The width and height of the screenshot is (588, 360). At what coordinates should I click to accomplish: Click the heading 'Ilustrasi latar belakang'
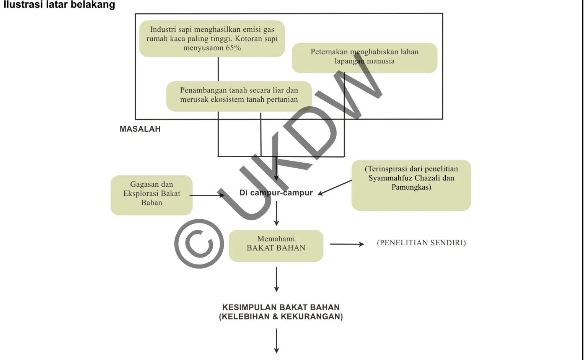pos(59,5)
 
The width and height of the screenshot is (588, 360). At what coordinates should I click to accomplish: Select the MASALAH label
pos(140,129)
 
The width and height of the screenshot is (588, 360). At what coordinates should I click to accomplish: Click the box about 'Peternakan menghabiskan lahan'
pos(365,58)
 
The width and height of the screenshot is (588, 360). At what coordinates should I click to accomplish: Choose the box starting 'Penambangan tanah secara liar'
pos(239,96)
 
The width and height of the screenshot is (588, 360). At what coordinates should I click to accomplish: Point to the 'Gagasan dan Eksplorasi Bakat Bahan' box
pos(151,195)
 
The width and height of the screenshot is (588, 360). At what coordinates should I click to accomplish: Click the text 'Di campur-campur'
pos(276,193)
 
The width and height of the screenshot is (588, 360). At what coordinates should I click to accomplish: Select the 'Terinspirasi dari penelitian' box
pos(411,185)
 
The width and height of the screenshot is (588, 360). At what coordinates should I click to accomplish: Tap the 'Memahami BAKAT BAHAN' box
pos(276,246)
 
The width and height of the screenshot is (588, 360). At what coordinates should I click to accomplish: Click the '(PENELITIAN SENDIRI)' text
pos(421,243)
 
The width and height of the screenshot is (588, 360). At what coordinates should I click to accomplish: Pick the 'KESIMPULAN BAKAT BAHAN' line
pos(281,307)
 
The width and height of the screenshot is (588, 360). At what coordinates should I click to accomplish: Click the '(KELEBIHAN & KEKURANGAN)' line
pos(281,317)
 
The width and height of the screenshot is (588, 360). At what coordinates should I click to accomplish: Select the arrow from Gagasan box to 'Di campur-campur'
pos(207,195)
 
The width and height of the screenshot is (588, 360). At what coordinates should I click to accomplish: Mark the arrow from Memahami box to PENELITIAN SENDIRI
pos(347,244)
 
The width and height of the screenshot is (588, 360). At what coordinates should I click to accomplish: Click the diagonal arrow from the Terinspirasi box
pos(335,187)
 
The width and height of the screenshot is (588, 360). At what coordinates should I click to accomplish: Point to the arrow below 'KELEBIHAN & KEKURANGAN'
pos(277,341)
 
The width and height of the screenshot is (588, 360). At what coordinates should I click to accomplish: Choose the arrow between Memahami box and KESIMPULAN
pos(277,279)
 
